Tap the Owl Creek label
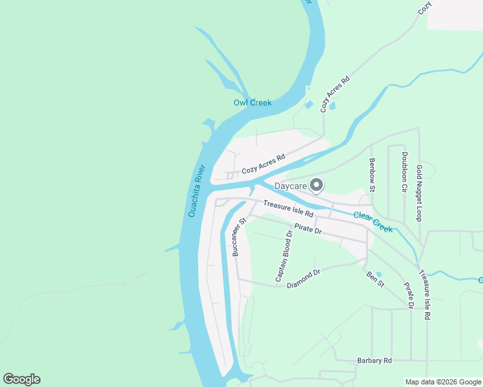click(252, 103)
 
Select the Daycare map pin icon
click(316, 185)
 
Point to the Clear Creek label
click(373, 223)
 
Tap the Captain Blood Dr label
click(284, 256)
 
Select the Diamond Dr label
click(303, 277)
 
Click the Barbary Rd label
click(375, 361)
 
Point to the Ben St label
click(375, 279)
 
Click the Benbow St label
click(372, 175)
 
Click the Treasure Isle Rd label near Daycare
click(288, 209)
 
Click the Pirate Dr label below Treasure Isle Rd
click(308, 228)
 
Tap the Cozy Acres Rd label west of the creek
click(263, 165)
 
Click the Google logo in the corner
click(21, 379)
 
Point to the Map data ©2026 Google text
click(443, 382)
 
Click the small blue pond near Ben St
click(378, 273)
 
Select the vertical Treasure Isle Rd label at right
click(425, 295)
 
